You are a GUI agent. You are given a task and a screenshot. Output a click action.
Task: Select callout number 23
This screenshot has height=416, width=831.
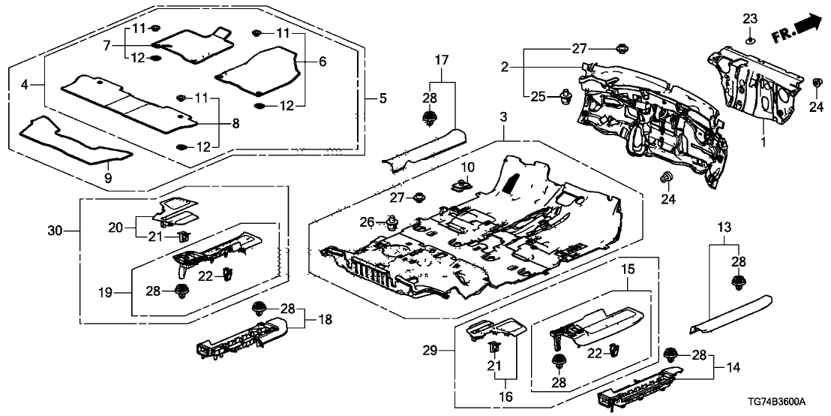[751, 18]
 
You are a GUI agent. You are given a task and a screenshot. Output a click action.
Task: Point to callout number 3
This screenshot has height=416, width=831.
[502, 118]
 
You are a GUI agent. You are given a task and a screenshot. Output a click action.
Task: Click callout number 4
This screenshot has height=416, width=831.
[25, 86]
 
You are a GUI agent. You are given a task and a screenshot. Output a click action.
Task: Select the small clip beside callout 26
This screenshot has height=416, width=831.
[391, 222]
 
